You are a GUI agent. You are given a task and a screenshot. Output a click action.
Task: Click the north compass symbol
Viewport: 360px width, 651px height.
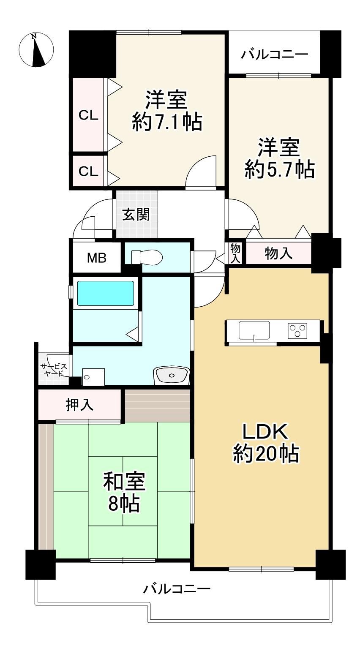[36, 50]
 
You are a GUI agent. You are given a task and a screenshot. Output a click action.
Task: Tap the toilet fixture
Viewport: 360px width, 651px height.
[147, 257]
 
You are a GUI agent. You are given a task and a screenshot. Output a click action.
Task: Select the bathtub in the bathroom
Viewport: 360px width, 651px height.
[106, 293]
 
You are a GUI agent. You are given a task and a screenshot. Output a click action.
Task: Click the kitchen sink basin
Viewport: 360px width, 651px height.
[254, 330]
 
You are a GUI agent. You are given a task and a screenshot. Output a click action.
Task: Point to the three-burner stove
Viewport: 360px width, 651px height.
[297, 330]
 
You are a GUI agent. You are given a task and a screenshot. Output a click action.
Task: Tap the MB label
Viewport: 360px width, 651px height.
[97, 258]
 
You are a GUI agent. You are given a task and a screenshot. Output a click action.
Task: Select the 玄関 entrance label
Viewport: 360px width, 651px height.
[136, 214]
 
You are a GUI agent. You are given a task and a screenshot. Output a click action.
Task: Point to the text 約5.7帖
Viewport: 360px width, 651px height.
[279, 169]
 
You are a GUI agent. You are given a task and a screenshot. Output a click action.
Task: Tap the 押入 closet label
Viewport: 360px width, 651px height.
[79, 404]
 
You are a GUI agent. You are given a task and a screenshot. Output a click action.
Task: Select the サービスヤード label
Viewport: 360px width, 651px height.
[54, 370]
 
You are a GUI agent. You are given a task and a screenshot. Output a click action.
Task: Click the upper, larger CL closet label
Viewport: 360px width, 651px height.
[88, 116]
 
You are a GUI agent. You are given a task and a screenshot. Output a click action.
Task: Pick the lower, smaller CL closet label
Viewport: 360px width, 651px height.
[88, 172]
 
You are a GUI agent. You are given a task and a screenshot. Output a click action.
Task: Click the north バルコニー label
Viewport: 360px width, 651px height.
[275, 54]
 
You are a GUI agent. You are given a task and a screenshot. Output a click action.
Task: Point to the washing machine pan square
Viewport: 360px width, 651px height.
[93, 377]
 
